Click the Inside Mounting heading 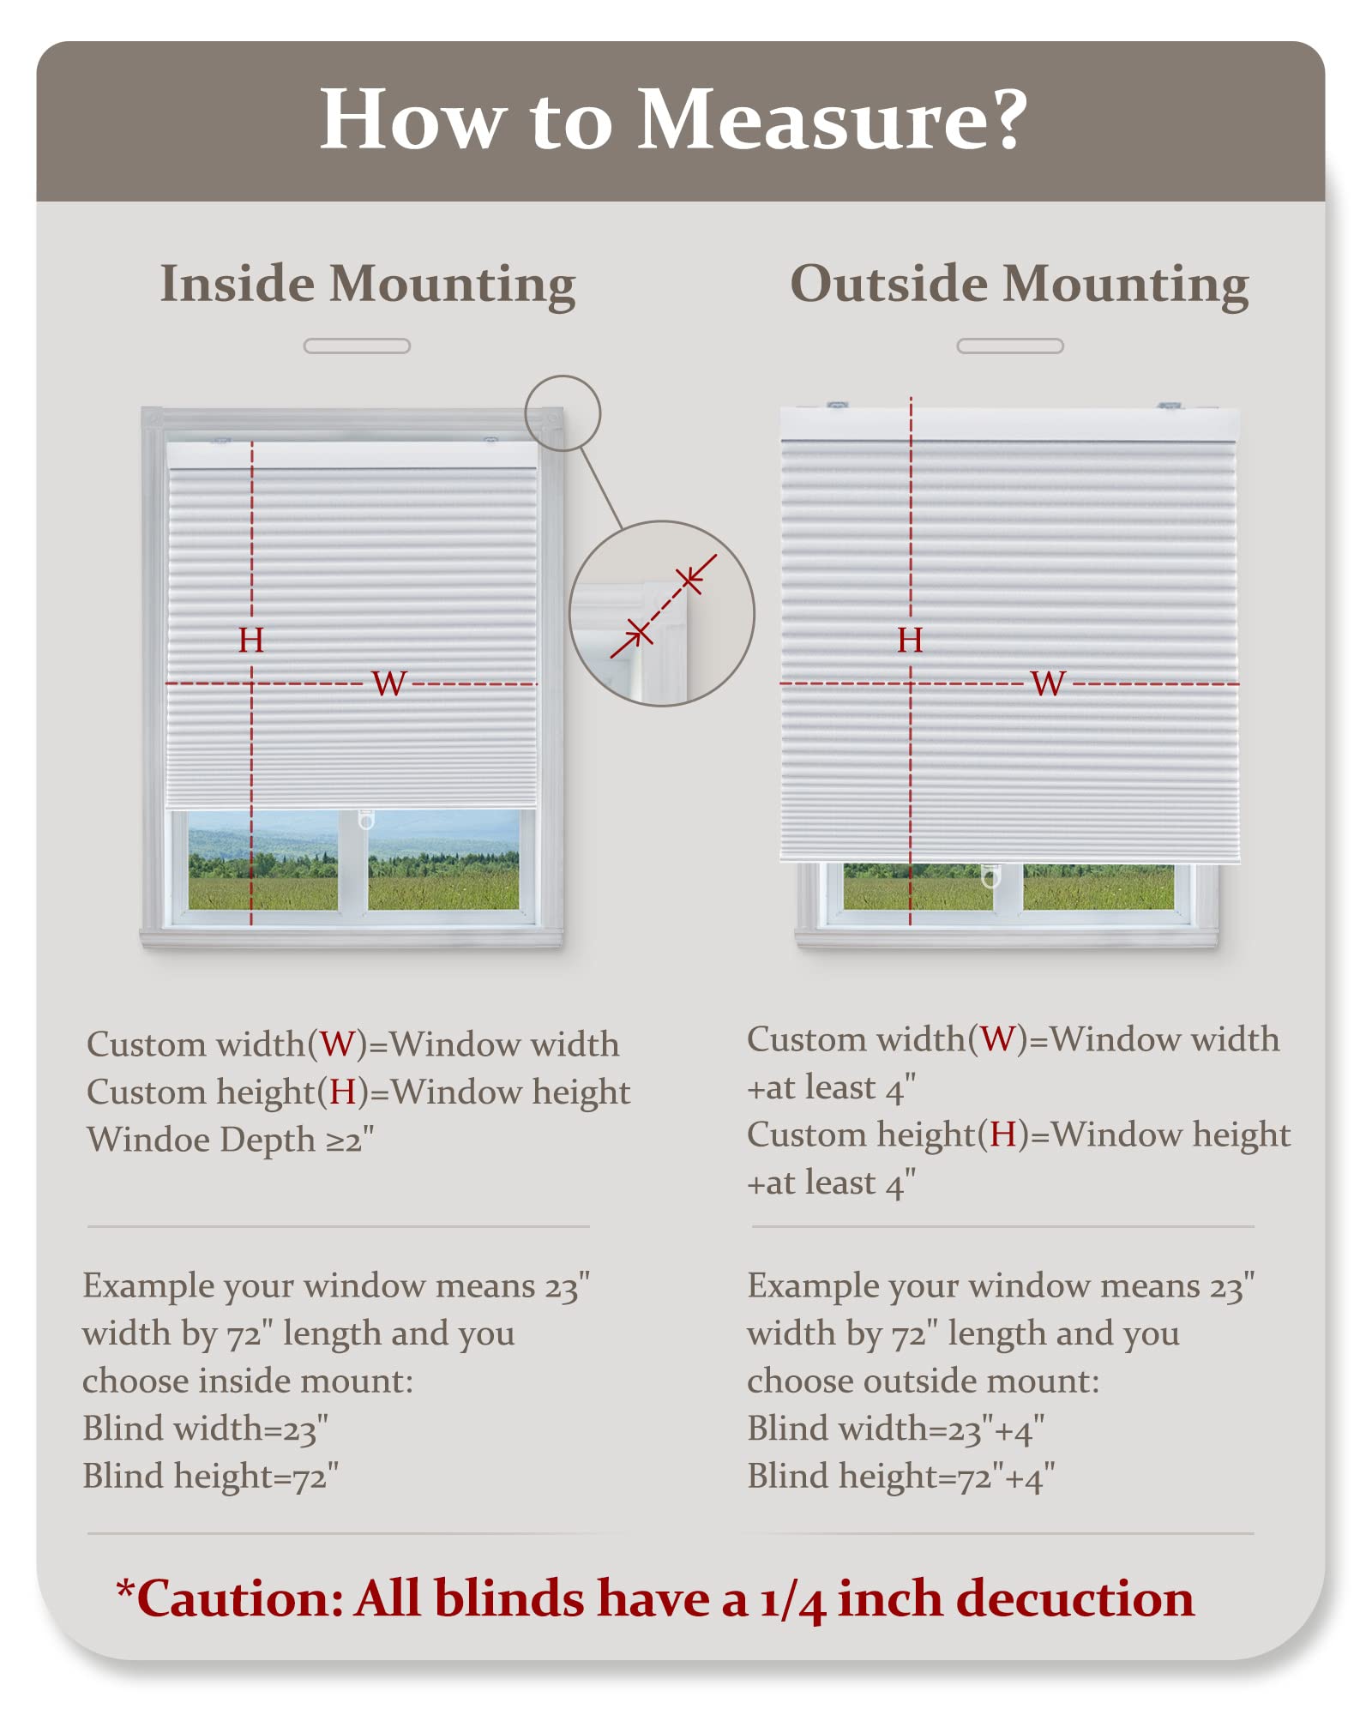point(368,284)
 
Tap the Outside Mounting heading point(1019,284)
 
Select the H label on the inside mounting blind point(251,640)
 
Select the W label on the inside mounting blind point(388,683)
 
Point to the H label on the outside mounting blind point(910,640)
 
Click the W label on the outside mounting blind point(1048,683)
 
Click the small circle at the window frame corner point(563,413)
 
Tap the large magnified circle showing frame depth point(662,613)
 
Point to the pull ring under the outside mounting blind point(990,876)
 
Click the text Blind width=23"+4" point(895,1429)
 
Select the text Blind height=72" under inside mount point(210,1477)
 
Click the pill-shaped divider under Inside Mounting point(357,346)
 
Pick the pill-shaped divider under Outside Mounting point(1010,346)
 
